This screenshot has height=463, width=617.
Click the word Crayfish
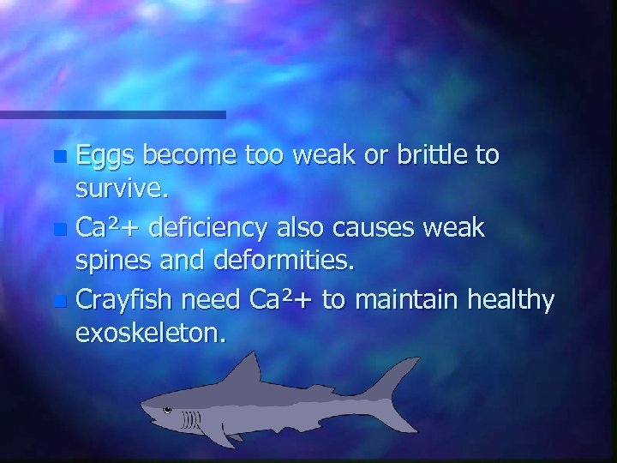123,301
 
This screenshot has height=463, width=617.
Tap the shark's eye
167,408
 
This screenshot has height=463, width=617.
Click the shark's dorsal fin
249,370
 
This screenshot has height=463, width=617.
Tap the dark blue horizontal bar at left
111,114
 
